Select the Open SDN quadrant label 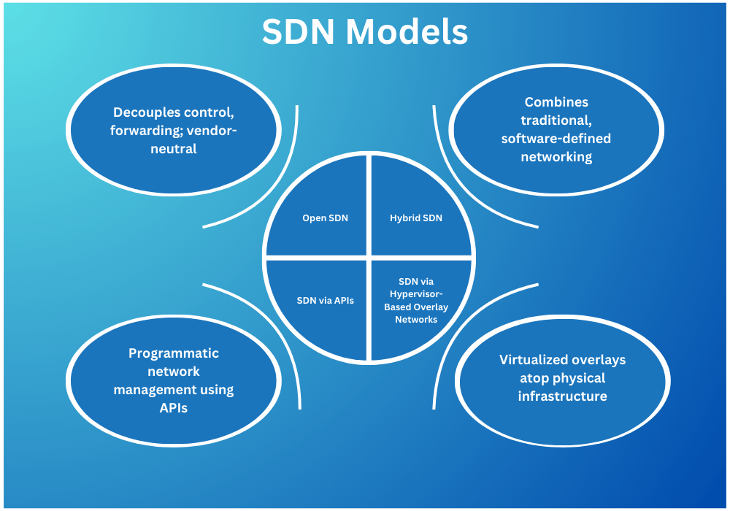(325, 218)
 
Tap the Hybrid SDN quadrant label (416, 218)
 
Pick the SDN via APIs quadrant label (325, 300)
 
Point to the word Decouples (144, 113)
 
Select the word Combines (556, 102)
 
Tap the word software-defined (556, 138)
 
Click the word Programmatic (174, 353)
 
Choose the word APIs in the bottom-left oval (174, 408)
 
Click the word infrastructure (562, 396)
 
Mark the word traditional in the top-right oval (556, 120)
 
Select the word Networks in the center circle (416, 319)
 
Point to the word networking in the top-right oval (556, 156)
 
